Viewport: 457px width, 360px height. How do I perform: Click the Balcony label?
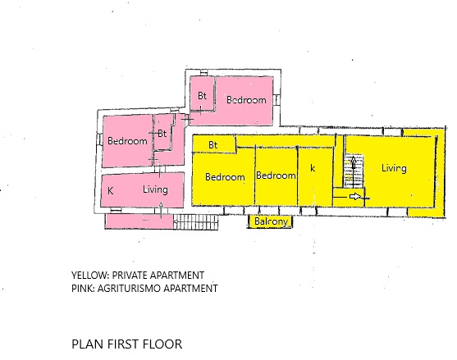pos(271,221)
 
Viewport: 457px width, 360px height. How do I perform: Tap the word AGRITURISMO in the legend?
pos(129,289)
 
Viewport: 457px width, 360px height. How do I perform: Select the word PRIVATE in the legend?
pos(129,276)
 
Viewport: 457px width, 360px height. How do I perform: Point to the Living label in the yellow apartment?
pos(394,168)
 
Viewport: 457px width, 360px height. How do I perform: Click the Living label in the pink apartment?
pos(155,190)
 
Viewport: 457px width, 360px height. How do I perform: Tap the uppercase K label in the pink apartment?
pos(110,191)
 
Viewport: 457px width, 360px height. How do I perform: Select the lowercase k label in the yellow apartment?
pos(313,168)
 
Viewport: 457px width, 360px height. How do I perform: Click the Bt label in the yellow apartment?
pos(213,145)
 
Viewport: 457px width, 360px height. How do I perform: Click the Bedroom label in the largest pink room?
pos(246,100)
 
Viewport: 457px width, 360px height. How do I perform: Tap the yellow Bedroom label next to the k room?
pos(276,175)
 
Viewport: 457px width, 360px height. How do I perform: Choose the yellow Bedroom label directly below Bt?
pos(225,177)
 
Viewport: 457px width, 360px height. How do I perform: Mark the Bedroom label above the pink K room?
pos(127,141)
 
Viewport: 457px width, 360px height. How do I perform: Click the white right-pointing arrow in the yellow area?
pos(355,197)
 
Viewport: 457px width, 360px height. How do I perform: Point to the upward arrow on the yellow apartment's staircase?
pos(354,172)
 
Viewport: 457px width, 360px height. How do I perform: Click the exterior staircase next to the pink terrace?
pos(195,222)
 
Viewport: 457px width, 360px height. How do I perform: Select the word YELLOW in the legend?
pos(89,276)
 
